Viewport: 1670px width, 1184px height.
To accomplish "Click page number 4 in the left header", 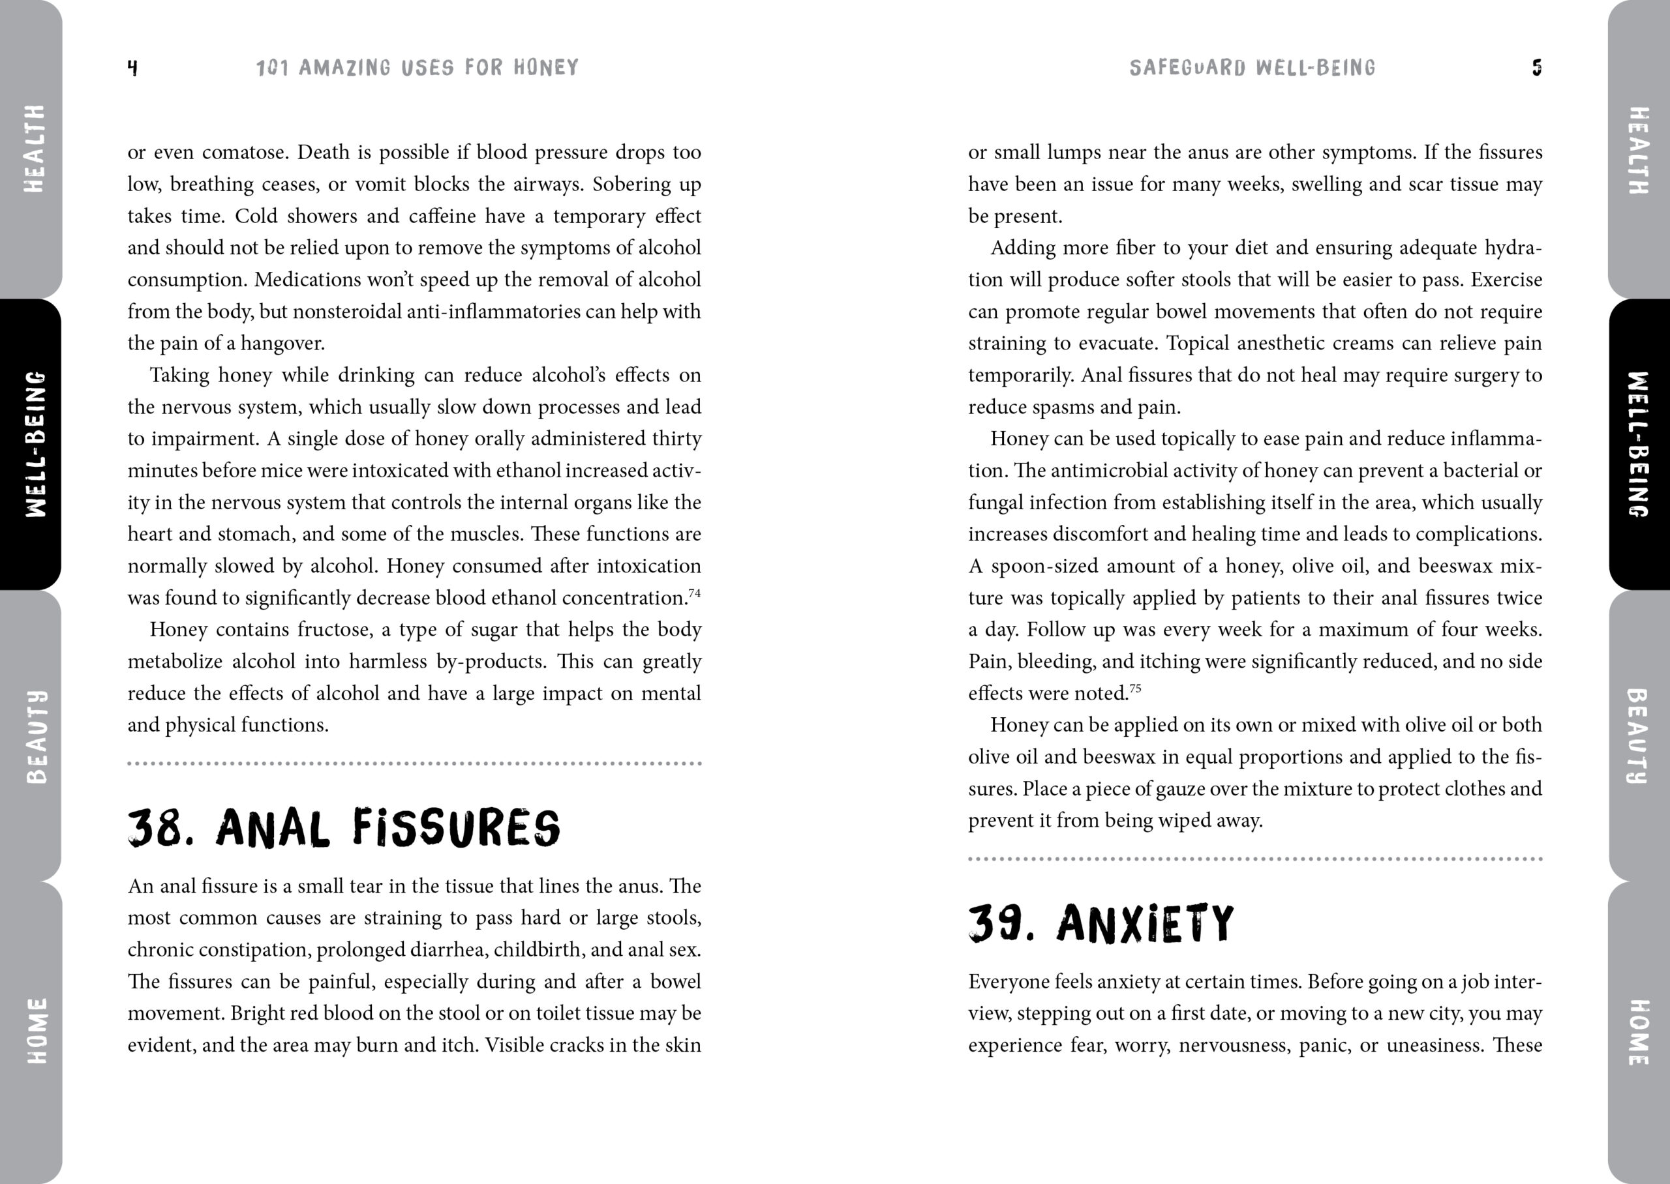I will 132,68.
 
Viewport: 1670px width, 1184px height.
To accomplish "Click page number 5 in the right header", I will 1536,68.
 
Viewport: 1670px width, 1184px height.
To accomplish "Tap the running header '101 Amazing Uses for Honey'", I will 417,68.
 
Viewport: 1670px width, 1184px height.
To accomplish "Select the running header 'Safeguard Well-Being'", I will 1252,68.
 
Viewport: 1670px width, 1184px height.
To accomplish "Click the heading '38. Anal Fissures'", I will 344,828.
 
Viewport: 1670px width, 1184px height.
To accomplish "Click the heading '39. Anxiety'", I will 1101,924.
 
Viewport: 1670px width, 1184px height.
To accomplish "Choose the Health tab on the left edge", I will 33,149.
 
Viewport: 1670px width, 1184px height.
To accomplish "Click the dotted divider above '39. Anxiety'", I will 1254,859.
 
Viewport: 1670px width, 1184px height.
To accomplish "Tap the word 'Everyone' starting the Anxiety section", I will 1009,982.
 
